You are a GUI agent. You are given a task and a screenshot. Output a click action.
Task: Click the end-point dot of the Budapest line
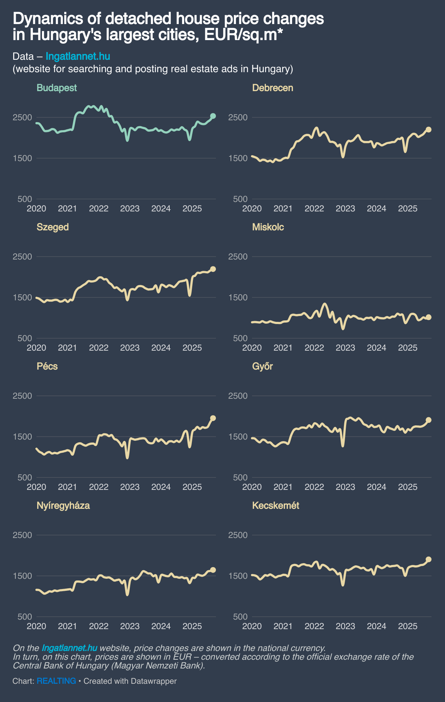click(x=213, y=116)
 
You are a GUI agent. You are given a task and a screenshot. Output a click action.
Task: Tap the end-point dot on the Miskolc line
click(x=429, y=317)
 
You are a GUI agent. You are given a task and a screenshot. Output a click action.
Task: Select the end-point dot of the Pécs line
click(x=213, y=418)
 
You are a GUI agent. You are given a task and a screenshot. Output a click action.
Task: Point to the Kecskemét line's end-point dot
click(x=429, y=559)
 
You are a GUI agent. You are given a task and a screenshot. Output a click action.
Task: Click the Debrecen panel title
click(x=272, y=88)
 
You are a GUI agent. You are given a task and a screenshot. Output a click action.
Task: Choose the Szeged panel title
click(x=53, y=227)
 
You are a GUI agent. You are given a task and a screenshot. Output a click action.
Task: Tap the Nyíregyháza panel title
click(x=63, y=506)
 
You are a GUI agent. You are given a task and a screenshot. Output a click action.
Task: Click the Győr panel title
click(x=262, y=366)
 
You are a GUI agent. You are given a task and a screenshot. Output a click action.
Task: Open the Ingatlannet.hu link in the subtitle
click(x=78, y=56)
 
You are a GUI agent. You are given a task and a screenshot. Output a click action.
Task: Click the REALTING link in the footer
click(x=56, y=681)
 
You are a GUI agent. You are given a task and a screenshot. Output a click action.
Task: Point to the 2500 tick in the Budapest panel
click(x=23, y=117)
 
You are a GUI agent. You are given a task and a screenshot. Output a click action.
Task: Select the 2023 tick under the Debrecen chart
click(x=345, y=208)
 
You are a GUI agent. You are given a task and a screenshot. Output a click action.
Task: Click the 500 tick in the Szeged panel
click(x=25, y=338)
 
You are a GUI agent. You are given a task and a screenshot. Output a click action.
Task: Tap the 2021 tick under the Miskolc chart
click(x=283, y=348)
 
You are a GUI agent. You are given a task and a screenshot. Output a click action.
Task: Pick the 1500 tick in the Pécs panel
click(x=23, y=437)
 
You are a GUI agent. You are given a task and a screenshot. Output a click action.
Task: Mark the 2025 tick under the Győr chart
click(x=407, y=487)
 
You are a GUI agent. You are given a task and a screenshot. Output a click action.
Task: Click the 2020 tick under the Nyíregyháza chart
click(x=36, y=626)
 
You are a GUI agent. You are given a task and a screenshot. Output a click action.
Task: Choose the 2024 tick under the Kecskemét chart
click(x=376, y=626)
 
